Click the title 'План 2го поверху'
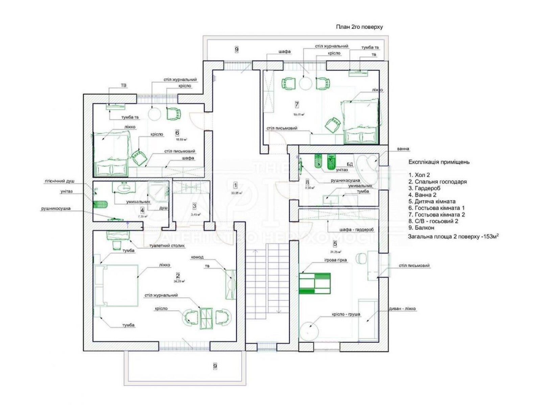pos(359,27)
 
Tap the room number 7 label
pos(297,105)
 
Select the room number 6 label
pos(177,133)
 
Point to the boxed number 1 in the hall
pos(235,185)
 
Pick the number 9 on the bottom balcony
pos(215,366)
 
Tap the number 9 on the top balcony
pos(237,50)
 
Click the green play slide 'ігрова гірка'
pos(314,283)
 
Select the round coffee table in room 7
pos(306,83)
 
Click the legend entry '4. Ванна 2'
pos(422,195)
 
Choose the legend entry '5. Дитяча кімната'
pos(432,201)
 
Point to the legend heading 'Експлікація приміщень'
pos(439,162)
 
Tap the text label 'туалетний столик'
pos(167,246)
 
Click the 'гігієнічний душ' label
pos(59,181)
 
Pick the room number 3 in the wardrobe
pos(194,206)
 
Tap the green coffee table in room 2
pos(206,318)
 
